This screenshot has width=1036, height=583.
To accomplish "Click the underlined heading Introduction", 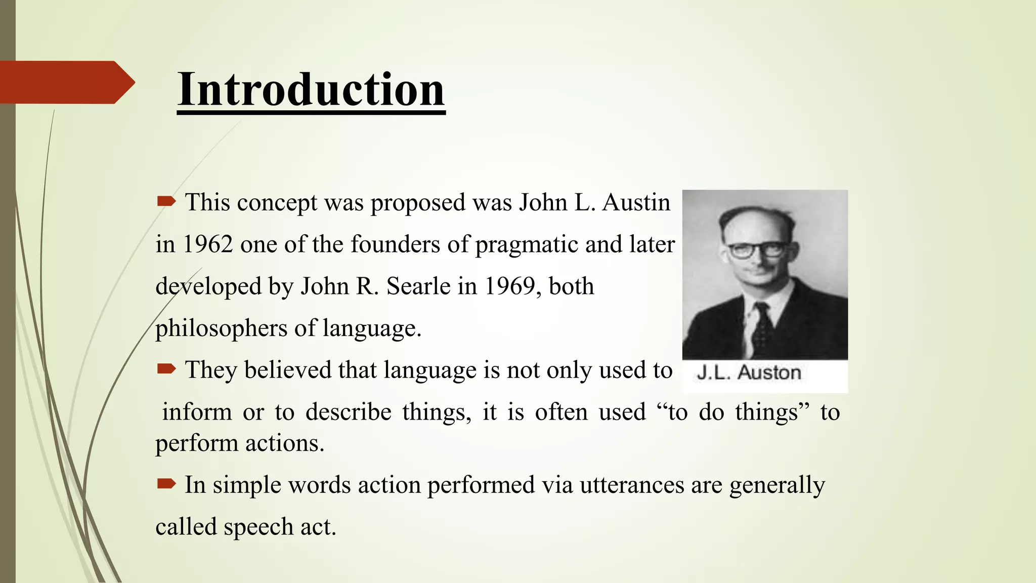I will tap(311, 90).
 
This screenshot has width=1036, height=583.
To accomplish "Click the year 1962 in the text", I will tap(207, 244).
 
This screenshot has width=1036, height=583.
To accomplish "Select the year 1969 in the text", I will tap(509, 286).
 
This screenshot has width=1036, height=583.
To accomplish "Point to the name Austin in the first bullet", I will tap(636, 202).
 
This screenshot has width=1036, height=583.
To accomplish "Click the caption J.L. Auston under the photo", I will tap(749, 372).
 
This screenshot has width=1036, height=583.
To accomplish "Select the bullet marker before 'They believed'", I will tap(166, 369).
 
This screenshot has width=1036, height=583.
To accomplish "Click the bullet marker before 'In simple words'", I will tap(166, 484).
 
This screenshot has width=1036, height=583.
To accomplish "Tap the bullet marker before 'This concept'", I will tap(166, 202).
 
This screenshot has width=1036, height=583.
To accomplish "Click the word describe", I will tap(349, 412).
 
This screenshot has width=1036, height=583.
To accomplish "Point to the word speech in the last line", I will tap(258, 527).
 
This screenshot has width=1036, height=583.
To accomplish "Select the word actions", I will tap(285, 443).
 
